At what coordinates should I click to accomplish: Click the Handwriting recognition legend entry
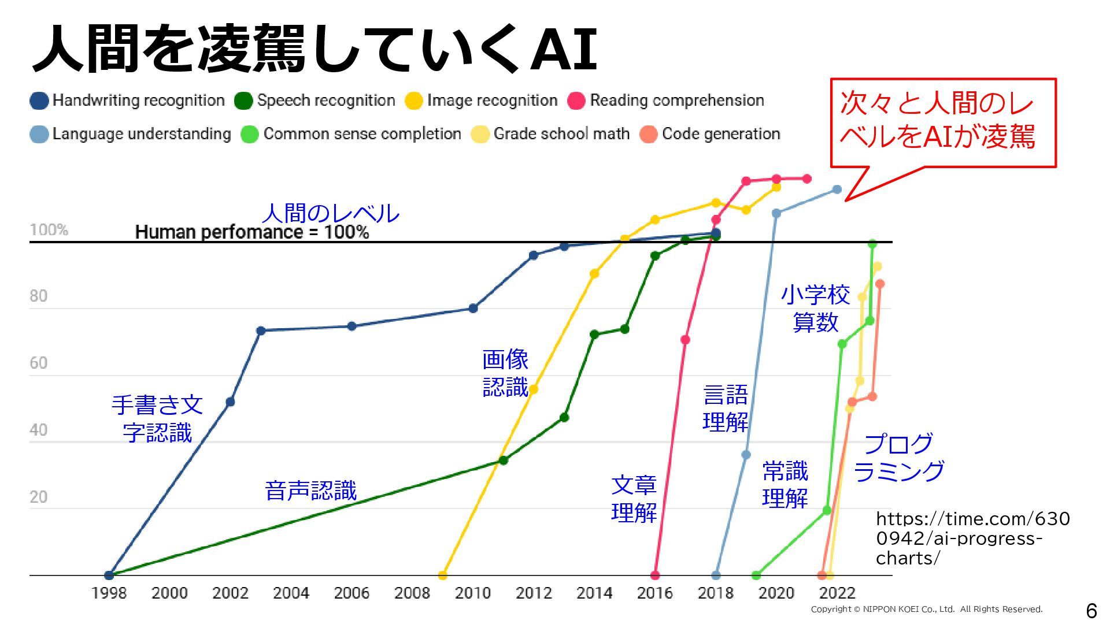(x=127, y=101)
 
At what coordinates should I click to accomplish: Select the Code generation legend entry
(x=711, y=134)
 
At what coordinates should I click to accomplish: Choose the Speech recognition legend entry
(x=315, y=101)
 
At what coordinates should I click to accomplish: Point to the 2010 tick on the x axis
(x=473, y=593)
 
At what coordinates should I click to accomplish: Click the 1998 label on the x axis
(x=109, y=593)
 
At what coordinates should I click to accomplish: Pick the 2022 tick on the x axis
(x=837, y=593)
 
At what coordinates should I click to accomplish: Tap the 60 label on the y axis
(x=39, y=363)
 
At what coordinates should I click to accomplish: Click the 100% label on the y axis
(x=49, y=230)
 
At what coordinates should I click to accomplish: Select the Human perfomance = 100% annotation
(x=252, y=232)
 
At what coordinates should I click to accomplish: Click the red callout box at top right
(x=943, y=122)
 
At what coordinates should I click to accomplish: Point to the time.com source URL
(x=972, y=538)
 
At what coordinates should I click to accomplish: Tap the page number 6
(x=1091, y=610)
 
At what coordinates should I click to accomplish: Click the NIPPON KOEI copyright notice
(x=926, y=609)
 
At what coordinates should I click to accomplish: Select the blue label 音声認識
(x=311, y=491)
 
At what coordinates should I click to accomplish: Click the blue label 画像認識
(x=505, y=373)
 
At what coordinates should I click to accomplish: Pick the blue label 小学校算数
(x=815, y=309)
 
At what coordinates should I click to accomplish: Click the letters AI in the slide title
(x=564, y=49)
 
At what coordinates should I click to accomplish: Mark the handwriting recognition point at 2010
(x=473, y=308)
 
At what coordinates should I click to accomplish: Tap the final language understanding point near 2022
(x=837, y=190)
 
